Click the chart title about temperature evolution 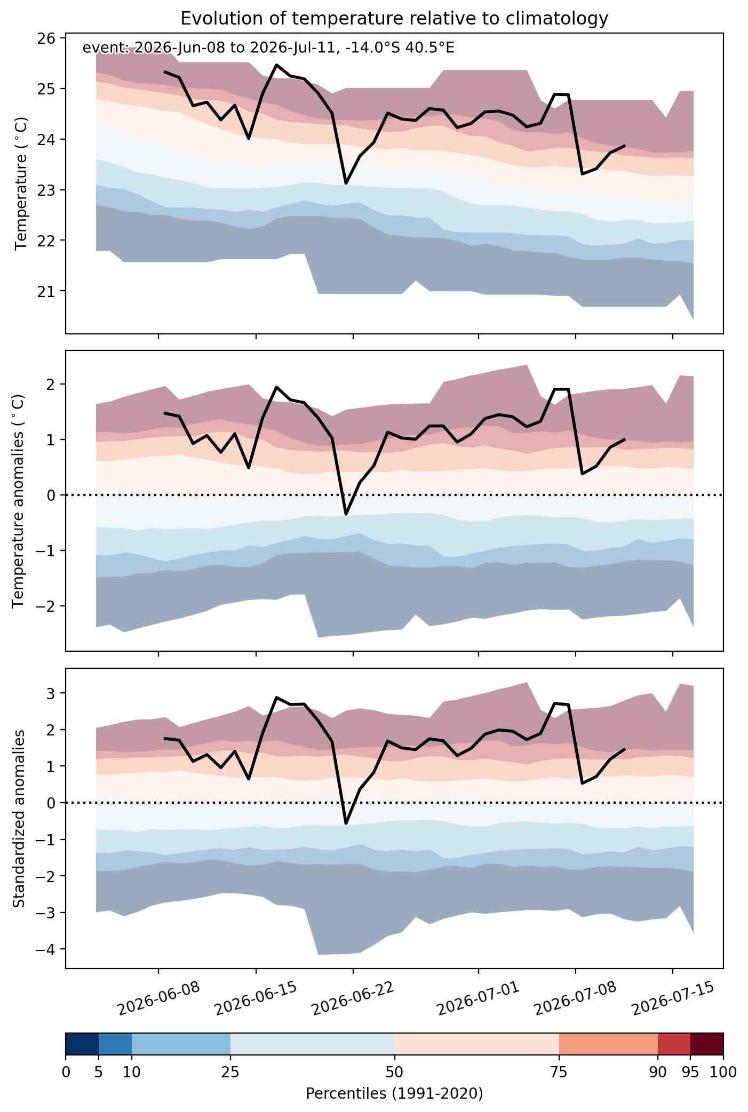[x=394, y=19]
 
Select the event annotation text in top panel [x=268, y=49]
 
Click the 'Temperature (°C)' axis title [x=21, y=183]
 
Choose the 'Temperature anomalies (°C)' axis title [x=18, y=501]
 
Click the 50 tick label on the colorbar [x=395, y=1072]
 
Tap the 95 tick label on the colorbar [x=690, y=1072]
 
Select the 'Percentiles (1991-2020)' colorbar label [x=394, y=1094]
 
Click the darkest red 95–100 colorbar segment [x=707, y=1044]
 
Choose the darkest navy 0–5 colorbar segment [x=82, y=1044]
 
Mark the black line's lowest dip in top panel [x=346, y=183]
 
